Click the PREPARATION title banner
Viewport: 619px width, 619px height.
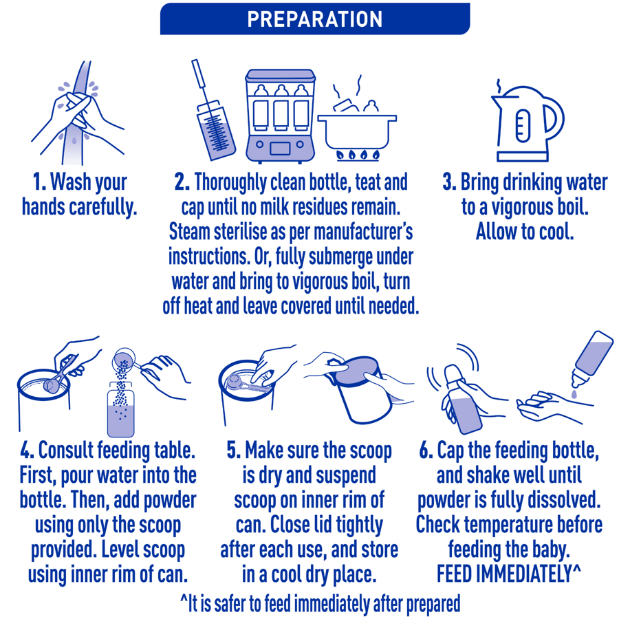pos(314,19)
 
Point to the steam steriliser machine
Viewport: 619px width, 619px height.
pos(280,116)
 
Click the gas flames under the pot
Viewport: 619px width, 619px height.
pos(358,154)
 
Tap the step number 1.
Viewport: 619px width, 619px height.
pos(39,182)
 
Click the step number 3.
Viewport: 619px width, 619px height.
pos(449,182)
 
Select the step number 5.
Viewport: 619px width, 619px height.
pos(233,450)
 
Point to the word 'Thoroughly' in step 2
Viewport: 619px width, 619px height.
pos(230,183)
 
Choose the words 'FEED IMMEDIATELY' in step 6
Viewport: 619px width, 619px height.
pos(504,574)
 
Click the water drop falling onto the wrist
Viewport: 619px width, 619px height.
pos(574,393)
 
